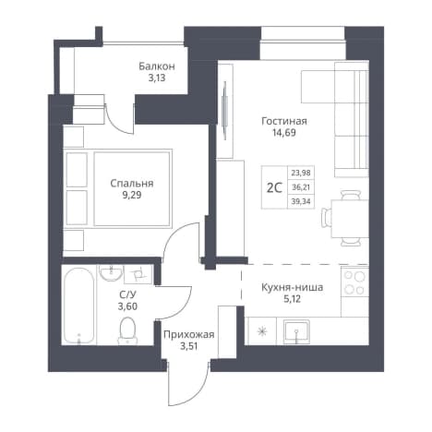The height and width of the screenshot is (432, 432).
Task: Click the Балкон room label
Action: (157, 66)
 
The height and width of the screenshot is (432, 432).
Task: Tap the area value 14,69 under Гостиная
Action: (283, 133)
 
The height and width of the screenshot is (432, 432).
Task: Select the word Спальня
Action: (132, 184)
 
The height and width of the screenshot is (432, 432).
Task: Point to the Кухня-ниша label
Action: (292, 288)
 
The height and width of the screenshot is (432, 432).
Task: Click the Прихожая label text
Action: (188, 334)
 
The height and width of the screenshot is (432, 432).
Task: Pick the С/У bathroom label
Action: (127, 294)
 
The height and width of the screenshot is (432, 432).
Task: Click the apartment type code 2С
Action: (274, 187)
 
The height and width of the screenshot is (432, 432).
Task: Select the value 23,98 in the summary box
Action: (301, 173)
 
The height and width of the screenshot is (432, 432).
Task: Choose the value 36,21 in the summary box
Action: (301, 187)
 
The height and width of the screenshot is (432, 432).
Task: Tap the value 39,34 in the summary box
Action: (301, 201)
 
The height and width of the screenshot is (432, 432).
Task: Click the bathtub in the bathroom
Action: (78, 306)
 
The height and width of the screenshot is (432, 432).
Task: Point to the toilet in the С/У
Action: (127, 330)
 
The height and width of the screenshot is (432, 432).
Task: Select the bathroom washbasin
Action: (111, 273)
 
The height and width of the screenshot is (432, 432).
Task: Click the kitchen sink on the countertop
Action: (296, 331)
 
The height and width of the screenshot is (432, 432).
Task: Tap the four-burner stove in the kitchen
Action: (354, 282)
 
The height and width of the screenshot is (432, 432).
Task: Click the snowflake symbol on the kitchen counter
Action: (262, 331)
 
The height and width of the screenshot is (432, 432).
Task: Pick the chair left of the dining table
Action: (326, 218)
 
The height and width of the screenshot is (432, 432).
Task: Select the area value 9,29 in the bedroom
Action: (132, 195)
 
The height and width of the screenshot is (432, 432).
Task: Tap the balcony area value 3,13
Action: (157, 78)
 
